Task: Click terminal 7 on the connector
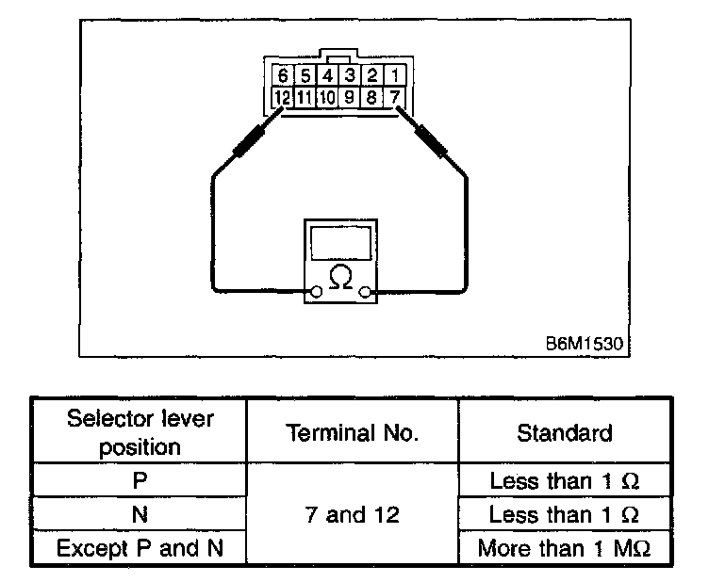tap(395, 95)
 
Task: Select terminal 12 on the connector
tap(281, 95)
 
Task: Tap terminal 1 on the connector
tap(395, 75)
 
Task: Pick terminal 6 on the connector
tap(281, 75)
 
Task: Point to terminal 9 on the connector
tap(350, 95)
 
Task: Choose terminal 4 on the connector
tap(327, 75)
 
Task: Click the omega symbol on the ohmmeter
tap(339, 276)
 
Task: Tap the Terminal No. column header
tap(353, 432)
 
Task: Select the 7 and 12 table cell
tap(353, 514)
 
